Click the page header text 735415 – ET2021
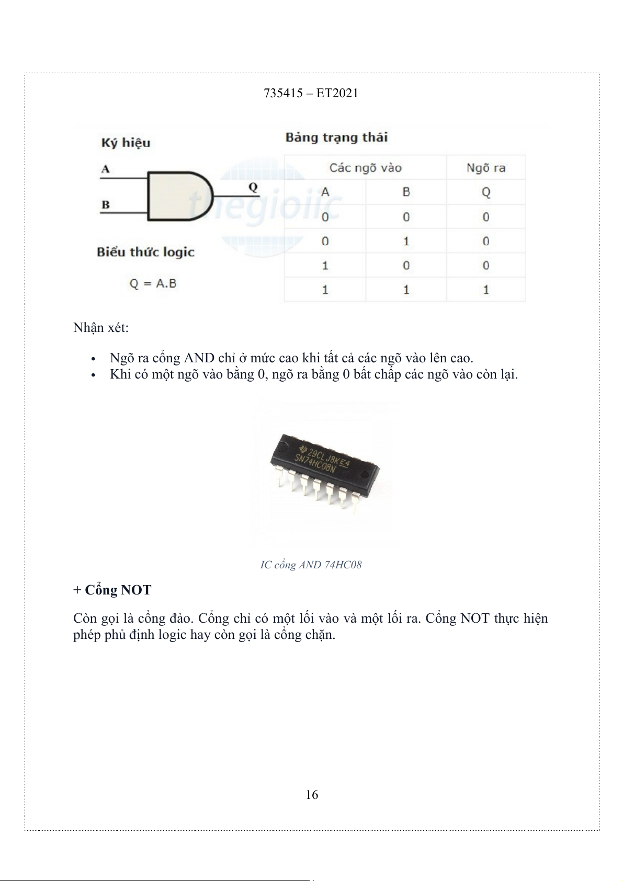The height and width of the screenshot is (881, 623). coord(311,93)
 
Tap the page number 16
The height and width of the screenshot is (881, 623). coord(312,795)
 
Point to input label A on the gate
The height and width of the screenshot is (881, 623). coord(106,169)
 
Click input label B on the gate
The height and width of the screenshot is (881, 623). coord(106,204)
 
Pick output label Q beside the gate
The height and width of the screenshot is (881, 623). coord(252,187)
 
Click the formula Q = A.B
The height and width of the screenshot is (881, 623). coord(153,283)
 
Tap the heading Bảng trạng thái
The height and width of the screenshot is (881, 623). coord(336,138)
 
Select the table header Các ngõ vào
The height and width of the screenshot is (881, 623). coord(365,168)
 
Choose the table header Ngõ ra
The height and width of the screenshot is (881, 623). coord(485,168)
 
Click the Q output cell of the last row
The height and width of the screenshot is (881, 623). coord(485,289)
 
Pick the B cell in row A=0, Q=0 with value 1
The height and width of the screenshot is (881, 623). coord(406,241)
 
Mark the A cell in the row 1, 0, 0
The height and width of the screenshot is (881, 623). coord(325,265)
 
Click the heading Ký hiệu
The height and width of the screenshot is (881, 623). coord(126,143)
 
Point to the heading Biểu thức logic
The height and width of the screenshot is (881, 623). coord(145,252)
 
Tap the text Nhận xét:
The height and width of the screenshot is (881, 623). coord(101,328)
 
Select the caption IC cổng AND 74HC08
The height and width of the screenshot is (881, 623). coord(311,565)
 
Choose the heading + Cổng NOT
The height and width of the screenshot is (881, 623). coord(112,590)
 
